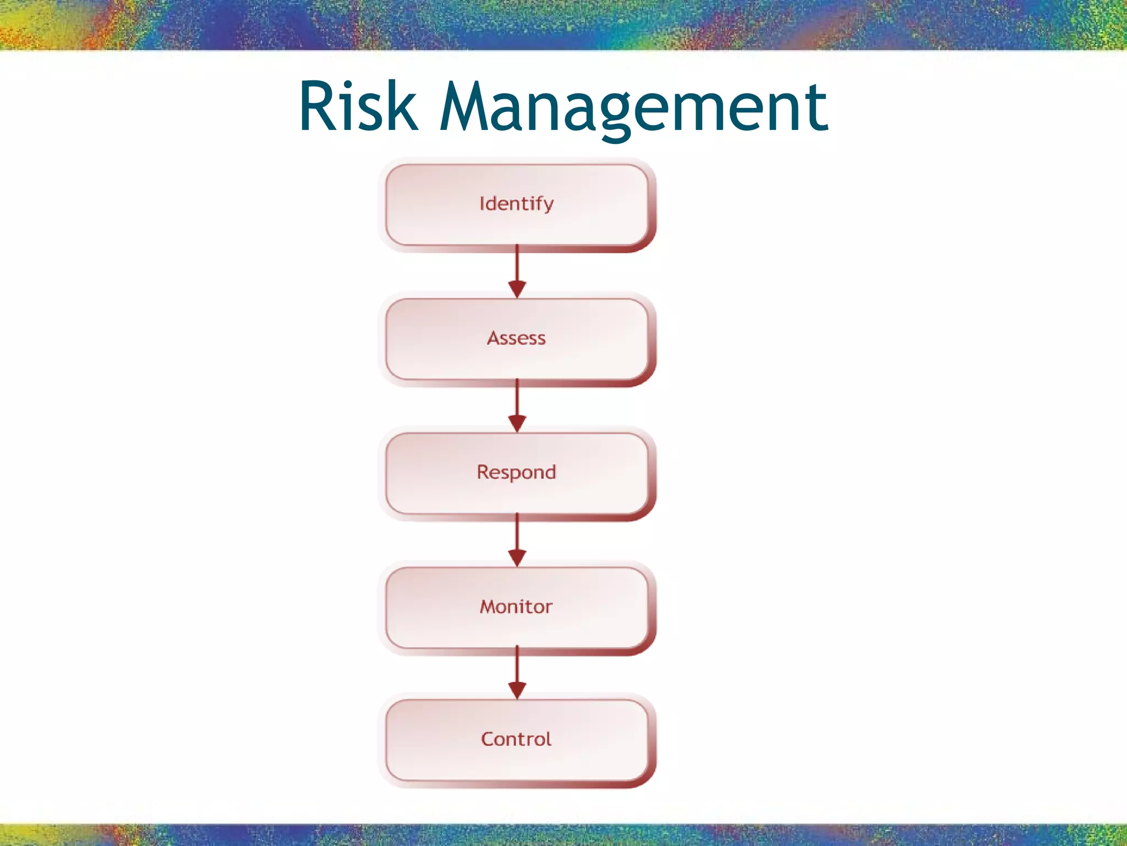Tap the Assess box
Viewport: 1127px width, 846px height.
517,339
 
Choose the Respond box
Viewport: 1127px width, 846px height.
517,473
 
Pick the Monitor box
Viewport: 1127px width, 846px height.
517,608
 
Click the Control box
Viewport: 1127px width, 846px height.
517,740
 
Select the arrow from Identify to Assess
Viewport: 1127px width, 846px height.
517,267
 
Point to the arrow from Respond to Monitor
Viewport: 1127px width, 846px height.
517,535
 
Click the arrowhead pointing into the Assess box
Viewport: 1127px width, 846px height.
517,289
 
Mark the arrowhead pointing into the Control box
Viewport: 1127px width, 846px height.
517,690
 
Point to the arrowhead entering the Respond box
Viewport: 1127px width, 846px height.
517,423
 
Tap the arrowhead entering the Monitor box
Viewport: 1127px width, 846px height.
517,557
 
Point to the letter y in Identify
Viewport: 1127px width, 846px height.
548,206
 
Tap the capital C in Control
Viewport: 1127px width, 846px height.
488,739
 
